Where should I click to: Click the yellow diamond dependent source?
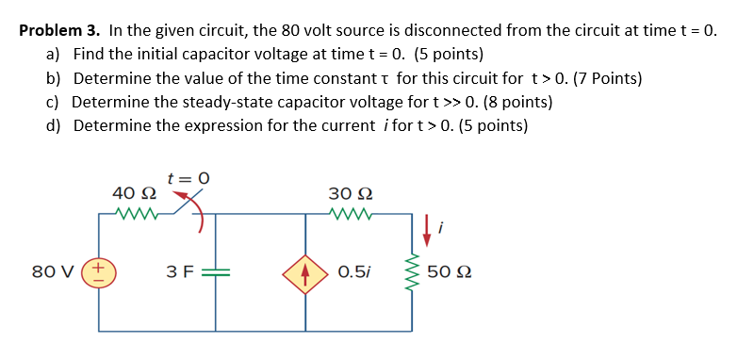(306, 273)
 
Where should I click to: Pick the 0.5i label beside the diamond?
(353, 274)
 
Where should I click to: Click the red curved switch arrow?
(196, 212)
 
